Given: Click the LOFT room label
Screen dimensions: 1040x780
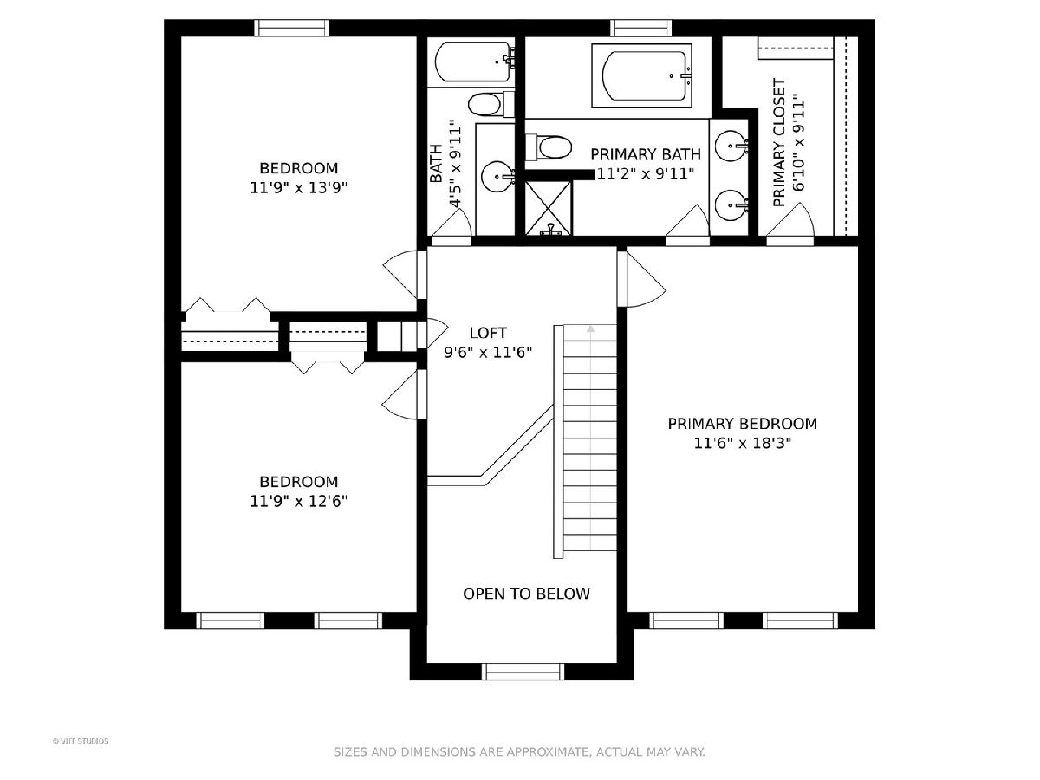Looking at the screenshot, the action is point(488,333).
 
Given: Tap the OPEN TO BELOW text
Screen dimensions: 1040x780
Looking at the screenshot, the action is point(526,594).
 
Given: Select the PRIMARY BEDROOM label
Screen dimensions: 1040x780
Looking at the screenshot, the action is point(743,424).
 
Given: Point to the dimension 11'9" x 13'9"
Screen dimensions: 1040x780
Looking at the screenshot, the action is point(298,188).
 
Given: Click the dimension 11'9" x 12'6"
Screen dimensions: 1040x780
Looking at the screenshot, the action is point(298,501).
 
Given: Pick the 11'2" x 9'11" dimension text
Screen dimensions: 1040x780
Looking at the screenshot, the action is point(645,174).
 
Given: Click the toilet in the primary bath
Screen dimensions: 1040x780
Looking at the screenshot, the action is point(549,147).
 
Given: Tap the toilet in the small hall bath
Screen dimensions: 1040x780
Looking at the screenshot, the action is point(491,104).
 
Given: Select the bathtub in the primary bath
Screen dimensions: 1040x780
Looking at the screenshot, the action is point(641,75).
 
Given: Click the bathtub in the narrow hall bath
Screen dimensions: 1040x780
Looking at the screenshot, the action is point(475,62).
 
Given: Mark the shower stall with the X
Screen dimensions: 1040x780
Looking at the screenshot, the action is point(549,207).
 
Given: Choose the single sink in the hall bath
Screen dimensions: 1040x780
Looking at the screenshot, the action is point(497,177).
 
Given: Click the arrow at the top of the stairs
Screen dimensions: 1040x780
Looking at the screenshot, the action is point(590,329).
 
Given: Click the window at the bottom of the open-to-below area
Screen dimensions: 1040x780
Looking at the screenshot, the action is point(523,672).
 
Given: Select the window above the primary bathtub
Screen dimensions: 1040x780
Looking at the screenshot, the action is point(641,28).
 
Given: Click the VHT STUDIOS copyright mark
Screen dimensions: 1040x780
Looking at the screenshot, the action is point(81,742).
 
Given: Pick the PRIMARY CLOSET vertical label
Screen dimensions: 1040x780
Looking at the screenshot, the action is point(779,142).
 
